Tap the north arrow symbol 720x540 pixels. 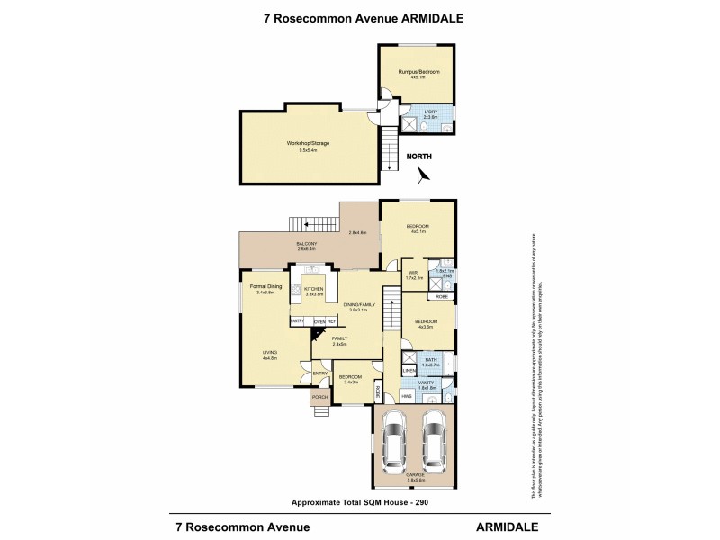(424, 174)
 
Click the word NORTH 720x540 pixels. (418, 157)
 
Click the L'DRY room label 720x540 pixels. (429, 112)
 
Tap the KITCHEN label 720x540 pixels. (313, 289)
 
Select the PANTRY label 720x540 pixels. (297, 320)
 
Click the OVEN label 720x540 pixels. (319, 320)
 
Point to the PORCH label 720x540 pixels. (319, 396)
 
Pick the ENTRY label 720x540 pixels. (319, 373)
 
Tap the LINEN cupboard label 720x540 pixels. (408, 370)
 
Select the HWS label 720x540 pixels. (407, 395)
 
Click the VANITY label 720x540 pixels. (428, 382)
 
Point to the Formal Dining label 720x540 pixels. (265, 287)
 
